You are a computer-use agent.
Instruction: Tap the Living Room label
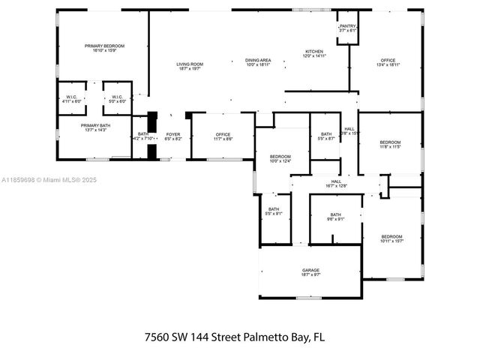(190, 66)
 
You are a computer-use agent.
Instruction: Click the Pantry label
(347, 28)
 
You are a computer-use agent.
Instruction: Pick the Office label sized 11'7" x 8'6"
(223, 137)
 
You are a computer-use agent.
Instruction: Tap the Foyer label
(172, 136)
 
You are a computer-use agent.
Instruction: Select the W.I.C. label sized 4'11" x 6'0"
(71, 98)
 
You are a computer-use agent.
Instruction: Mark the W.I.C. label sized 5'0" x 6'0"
(117, 98)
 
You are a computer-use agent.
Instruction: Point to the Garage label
(310, 272)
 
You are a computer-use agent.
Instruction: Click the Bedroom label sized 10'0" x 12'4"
(280, 158)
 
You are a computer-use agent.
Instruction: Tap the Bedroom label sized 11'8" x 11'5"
(390, 144)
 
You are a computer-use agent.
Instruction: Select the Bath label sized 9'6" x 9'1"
(335, 217)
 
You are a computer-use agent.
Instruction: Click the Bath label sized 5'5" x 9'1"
(274, 211)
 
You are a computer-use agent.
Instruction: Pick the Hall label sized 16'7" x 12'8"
(336, 183)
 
